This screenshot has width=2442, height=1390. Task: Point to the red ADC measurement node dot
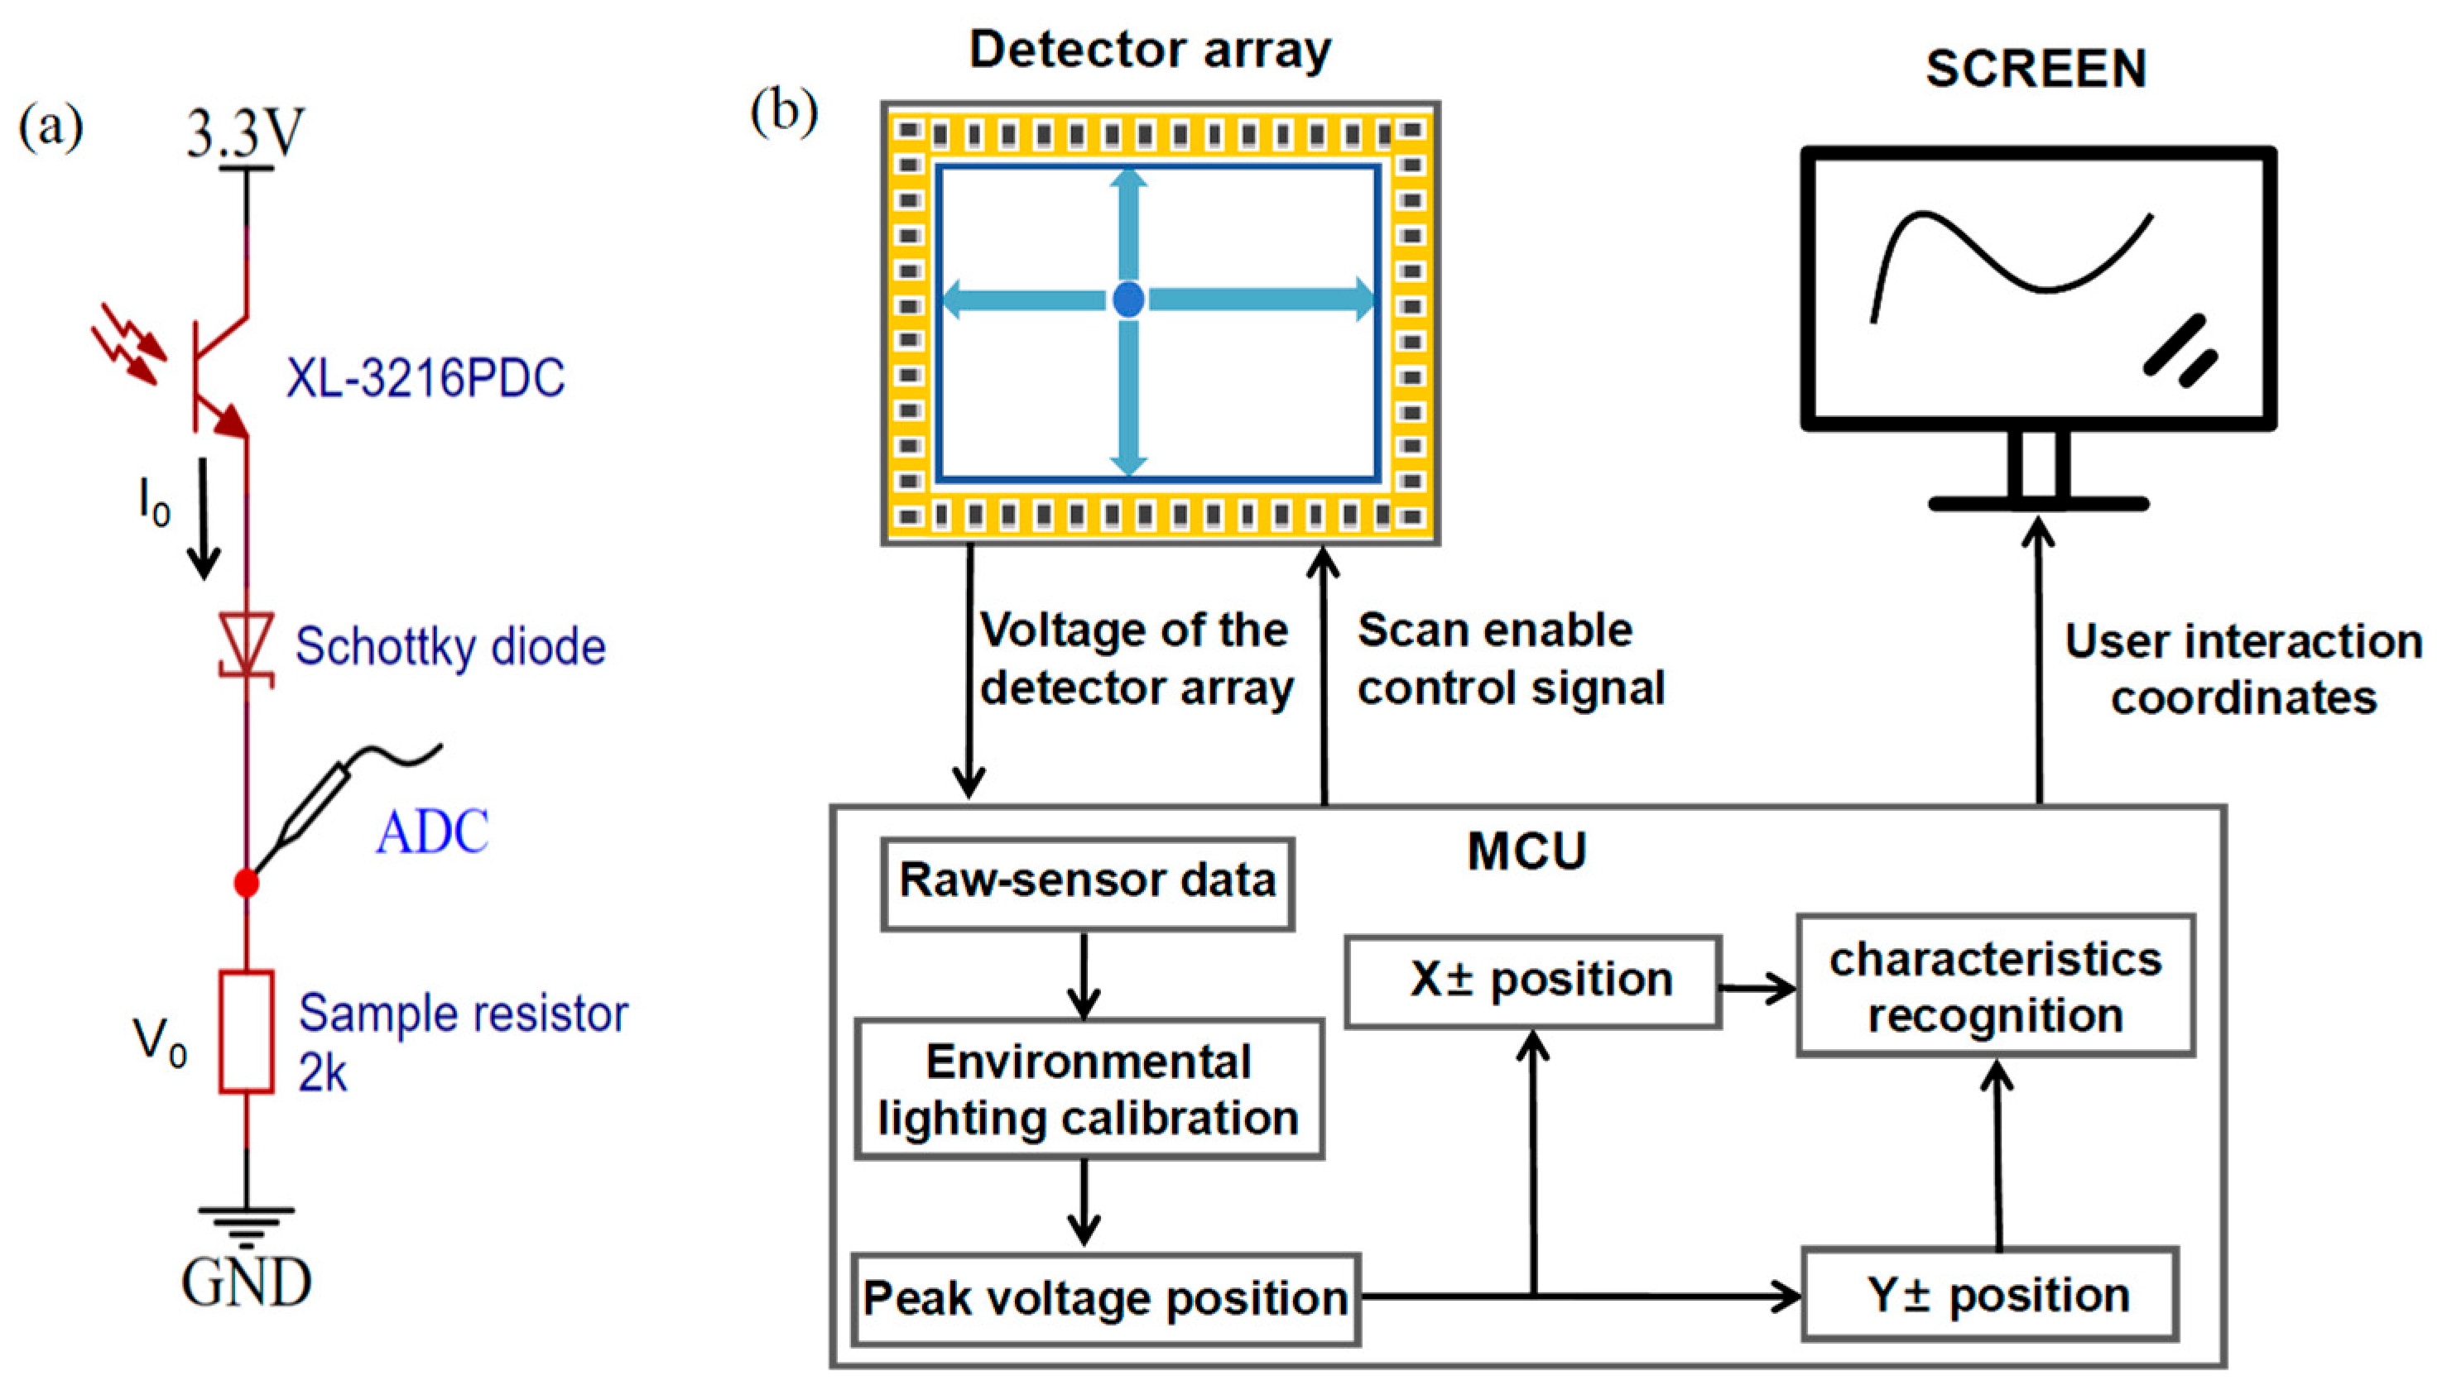coord(247,883)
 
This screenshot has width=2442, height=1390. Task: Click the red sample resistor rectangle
coord(247,1031)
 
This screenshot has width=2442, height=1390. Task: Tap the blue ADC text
coord(431,832)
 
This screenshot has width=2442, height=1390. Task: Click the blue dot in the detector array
coord(1128,300)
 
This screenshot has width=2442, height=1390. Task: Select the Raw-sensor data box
coord(1087,883)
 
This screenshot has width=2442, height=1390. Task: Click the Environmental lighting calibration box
coord(1088,1090)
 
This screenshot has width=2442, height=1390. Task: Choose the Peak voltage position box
coord(1105,1299)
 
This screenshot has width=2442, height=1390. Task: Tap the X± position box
coord(1532,981)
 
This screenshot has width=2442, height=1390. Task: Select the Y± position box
coord(1989,1296)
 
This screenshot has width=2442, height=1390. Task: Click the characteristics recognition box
coord(1994,986)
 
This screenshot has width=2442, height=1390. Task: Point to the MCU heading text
coord(1526,851)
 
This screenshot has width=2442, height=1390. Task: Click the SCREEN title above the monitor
coord(2036,69)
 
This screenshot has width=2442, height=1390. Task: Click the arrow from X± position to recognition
coord(1757,988)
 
